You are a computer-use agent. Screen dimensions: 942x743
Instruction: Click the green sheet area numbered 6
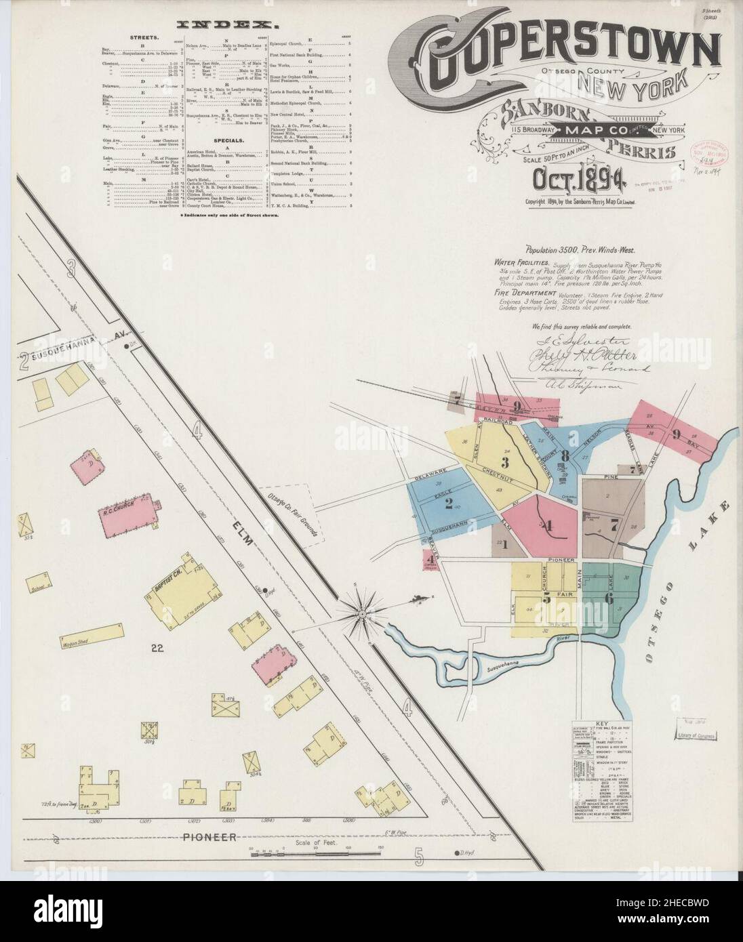[x=608, y=598]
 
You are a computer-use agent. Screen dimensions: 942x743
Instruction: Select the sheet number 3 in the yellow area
[x=504, y=463]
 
